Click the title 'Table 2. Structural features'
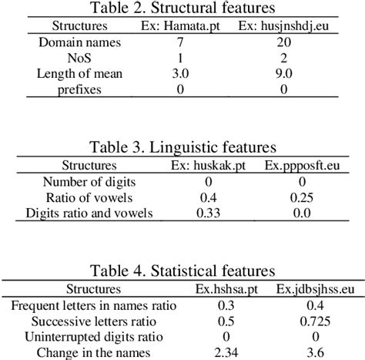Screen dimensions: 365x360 click(x=182, y=9)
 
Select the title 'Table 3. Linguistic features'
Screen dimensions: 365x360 click(x=182, y=147)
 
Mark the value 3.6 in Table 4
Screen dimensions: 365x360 click(x=301, y=352)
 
